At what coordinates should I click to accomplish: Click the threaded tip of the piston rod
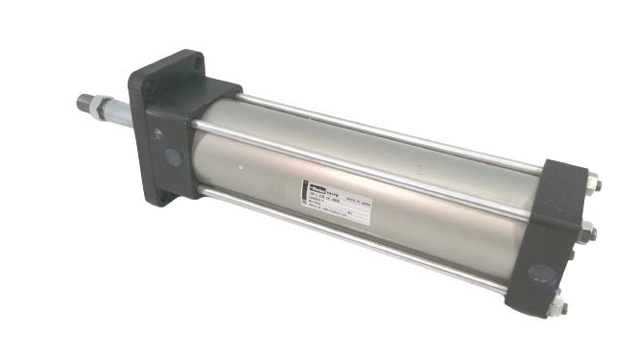85,101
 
